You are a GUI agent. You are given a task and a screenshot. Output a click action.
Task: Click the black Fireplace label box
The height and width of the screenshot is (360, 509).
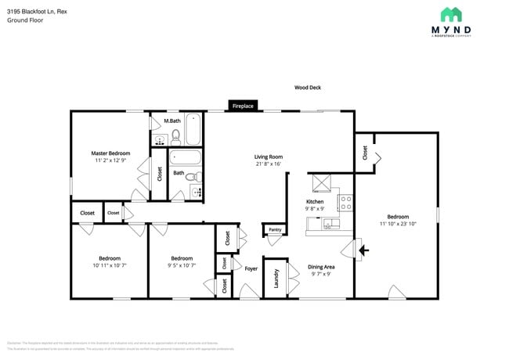[243, 105]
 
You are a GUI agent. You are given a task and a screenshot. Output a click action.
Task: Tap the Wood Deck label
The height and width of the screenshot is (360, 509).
[308, 88]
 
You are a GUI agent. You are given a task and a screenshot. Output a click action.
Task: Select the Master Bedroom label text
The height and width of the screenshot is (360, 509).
[110, 153]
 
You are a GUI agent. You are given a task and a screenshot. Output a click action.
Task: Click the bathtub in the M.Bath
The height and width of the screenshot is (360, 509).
[193, 129]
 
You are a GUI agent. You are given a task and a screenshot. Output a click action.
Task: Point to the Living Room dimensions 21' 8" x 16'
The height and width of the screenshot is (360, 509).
[268, 164]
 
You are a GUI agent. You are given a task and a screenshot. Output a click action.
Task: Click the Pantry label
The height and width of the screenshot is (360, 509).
[274, 230]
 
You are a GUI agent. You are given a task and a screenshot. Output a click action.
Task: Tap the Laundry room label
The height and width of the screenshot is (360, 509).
[276, 278]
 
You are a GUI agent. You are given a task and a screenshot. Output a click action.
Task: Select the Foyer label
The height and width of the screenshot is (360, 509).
[251, 268]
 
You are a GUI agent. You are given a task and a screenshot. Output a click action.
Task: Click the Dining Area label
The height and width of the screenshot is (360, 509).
[322, 267]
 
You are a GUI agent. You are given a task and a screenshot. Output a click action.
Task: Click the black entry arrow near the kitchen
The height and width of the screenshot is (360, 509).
[363, 251]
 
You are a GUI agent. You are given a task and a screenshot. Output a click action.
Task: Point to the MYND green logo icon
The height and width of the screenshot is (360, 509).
[451, 15]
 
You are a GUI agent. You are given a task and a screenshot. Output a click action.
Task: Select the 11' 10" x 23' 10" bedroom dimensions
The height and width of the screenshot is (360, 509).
[397, 225]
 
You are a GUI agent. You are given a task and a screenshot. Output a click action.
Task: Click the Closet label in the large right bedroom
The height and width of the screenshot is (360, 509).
[365, 153]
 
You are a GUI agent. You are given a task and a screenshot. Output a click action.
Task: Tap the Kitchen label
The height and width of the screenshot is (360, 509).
[314, 201]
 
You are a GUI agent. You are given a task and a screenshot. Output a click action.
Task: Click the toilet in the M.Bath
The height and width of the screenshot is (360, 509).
[176, 137]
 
